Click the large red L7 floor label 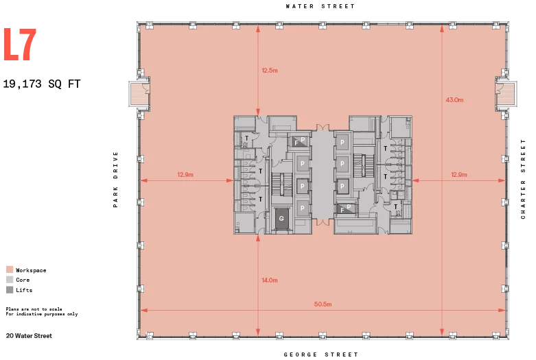pos(20,45)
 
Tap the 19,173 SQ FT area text pos(42,84)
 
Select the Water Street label pos(321,6)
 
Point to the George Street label pos(321,355)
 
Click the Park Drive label pos(115,180)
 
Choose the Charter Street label pos(523,179)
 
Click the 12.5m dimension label pos(270,71)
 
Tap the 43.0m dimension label pos(454,99)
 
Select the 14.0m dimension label pos(270,280)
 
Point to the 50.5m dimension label pos(323,304)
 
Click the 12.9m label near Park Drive pos(185,175)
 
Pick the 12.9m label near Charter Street pos(458,175)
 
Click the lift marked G pos(281,219)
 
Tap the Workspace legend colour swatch pos(10,269)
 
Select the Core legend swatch pos(10,279)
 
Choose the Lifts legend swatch pos(10,289)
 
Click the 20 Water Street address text pos(29,336)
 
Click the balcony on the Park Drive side pos(139,93)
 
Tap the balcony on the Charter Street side pos(506,93)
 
